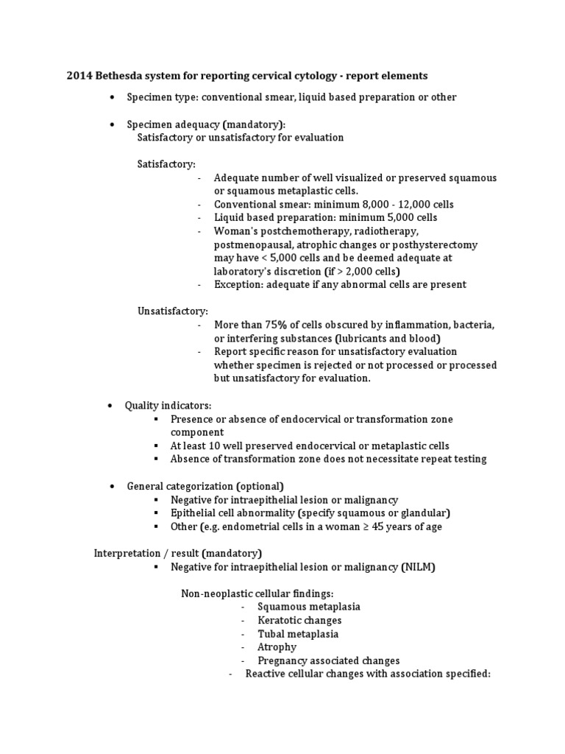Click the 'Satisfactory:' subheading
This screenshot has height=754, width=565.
point(166,164)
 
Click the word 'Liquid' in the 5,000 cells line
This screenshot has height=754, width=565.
point(230,217)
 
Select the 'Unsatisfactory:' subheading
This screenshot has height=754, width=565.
point(173,311)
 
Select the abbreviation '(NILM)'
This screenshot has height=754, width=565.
point(420,566)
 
